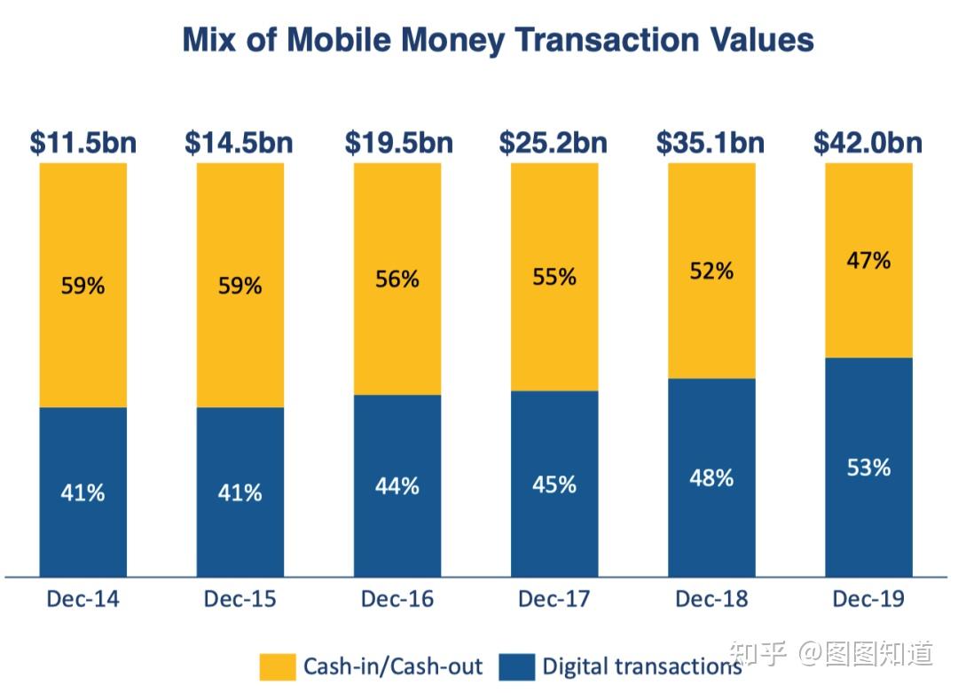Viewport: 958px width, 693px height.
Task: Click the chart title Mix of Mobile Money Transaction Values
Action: (498, 41)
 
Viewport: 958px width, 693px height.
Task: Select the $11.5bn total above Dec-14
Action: (83, 142)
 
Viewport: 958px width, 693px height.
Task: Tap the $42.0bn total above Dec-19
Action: (868, 142)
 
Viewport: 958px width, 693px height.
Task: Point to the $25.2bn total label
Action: (554, 142)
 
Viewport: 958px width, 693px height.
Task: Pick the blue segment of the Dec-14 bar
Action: (83, 532)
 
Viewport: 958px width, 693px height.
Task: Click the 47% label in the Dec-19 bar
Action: (868, 261)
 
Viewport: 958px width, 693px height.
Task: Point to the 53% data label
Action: (868, 468)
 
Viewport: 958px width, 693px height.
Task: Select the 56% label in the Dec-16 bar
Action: (397, 280)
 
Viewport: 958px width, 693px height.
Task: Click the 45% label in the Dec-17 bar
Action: (554, 484)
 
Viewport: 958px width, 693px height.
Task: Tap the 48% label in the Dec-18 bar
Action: (711, 477)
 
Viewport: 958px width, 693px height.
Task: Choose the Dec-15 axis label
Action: (240, 599)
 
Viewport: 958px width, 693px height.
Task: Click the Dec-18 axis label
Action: (711, 599)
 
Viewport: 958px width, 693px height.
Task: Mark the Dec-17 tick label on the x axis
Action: (554, 599)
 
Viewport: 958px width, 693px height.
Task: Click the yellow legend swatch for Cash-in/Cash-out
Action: (277, 666)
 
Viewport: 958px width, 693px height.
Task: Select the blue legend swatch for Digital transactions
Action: (517, 666)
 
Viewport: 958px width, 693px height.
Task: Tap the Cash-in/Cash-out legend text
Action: (393, 666)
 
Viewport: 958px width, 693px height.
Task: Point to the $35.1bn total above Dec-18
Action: (711, 142)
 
